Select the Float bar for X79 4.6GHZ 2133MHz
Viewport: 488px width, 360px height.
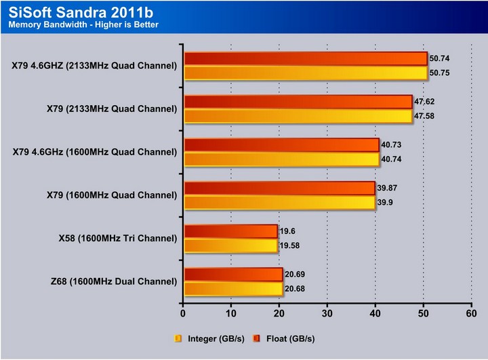305,59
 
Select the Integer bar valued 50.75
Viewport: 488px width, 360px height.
305,73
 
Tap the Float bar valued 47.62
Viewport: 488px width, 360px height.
298,102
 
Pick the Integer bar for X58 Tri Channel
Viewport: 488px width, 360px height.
230,245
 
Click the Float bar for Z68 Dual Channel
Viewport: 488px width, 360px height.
232,275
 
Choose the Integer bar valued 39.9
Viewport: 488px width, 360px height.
279,202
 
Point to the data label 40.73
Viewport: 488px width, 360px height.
392,145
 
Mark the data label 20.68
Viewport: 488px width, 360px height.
294,289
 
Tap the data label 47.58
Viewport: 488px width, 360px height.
425,116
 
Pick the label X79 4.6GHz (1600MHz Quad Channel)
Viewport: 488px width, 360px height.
95,152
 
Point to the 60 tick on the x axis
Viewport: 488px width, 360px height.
471,315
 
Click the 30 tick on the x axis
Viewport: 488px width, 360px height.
327,315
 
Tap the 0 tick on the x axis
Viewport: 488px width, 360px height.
183,315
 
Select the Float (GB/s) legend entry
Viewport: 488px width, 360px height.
285,338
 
